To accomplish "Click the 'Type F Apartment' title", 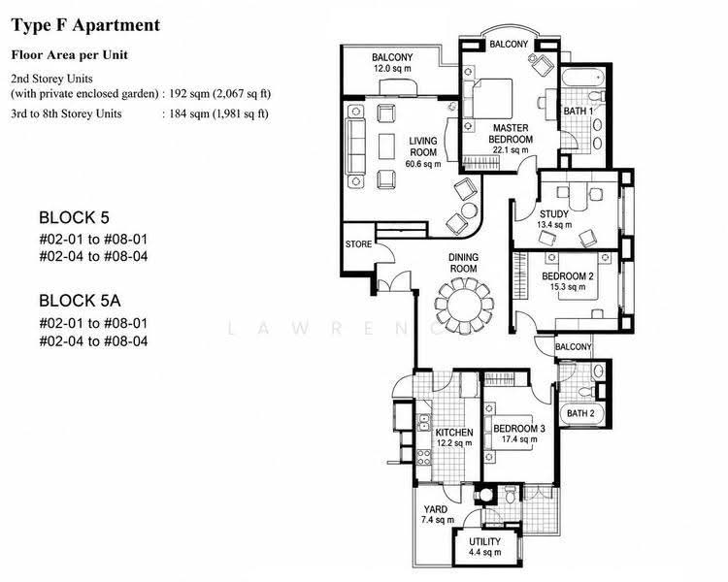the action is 85,25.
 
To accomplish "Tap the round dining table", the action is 463,307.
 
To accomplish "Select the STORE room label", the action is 358,244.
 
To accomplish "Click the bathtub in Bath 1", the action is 582,77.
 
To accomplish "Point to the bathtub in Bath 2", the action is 581,413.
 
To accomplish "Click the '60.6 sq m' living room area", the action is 423,164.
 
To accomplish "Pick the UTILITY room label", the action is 484,541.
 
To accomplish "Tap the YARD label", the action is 435,509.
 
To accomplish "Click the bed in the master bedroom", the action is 491,98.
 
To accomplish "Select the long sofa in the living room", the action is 356,146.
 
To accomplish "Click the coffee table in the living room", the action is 386,146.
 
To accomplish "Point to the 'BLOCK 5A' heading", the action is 80,301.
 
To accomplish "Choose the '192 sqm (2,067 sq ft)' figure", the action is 219,94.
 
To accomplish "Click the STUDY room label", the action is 554,214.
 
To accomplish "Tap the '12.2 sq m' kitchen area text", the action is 454,443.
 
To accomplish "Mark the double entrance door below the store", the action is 394,281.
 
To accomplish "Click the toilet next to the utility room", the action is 510,495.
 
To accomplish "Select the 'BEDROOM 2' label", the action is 568,276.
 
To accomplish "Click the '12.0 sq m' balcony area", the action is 392,69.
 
